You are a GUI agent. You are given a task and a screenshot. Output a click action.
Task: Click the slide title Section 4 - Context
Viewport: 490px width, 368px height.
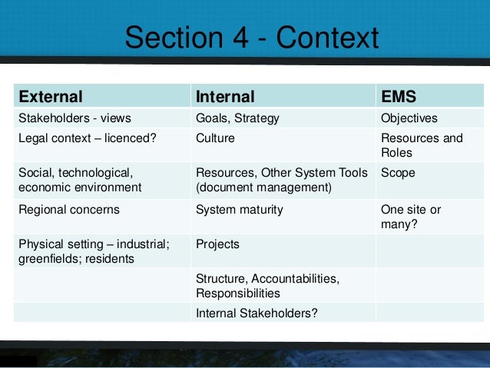251,38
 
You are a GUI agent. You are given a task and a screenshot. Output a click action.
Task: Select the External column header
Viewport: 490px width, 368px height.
51,97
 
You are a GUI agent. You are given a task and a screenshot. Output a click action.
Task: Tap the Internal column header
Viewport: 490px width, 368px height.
225,97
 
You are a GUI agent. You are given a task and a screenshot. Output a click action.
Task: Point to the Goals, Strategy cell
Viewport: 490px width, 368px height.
237,118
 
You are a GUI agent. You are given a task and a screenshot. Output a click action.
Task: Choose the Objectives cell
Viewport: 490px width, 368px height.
409,118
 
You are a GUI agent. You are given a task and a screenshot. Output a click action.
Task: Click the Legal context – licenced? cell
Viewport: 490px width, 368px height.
88,139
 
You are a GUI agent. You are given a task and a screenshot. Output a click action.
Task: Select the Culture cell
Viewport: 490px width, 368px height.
215,139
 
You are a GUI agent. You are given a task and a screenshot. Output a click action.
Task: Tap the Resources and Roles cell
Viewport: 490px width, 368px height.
422,146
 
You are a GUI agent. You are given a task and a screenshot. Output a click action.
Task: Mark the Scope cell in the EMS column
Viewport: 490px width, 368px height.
398,173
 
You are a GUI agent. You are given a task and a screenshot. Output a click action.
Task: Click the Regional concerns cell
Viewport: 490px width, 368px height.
69,209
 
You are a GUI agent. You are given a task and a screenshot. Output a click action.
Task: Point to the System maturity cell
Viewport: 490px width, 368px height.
240,209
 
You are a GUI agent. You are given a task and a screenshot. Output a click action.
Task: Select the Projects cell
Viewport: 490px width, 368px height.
217,244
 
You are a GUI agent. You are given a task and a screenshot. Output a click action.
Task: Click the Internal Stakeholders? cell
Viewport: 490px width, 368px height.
257,313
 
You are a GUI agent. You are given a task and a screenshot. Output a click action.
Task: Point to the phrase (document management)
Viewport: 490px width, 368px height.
263,187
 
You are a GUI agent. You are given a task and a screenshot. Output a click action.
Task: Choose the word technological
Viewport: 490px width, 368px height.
100,173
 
